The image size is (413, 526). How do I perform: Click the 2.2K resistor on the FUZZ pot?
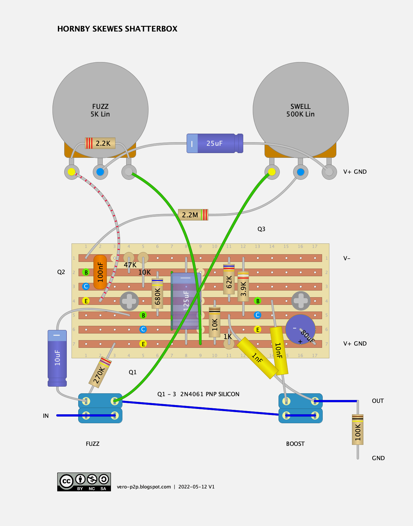point(100,143)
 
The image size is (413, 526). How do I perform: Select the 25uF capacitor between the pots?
point(215,143)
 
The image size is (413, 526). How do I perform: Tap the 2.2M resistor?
point(193,215)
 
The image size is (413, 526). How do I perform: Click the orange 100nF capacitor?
point(100,272)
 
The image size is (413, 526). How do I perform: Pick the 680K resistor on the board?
point(157,294)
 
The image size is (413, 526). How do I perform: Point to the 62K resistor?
point(229,279)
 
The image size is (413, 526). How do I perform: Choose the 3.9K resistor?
point(243,286)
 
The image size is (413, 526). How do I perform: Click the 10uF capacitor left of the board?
point(57,358)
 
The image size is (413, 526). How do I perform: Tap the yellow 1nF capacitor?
point(257,358)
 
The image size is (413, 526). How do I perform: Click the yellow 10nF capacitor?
point(279,351)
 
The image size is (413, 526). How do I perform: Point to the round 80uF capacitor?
point(300,329)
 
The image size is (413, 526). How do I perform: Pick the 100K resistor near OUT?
point(358,429)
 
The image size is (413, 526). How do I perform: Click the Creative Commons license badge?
point(84,482)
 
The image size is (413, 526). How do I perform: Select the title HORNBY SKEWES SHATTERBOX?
point(117,29)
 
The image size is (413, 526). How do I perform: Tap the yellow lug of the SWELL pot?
point(272,172)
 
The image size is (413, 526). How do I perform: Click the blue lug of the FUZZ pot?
point(100,172)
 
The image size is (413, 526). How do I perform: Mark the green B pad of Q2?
point(86,272)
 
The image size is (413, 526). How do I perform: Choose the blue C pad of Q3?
point(258,315)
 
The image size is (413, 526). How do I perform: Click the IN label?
point(46,416)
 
